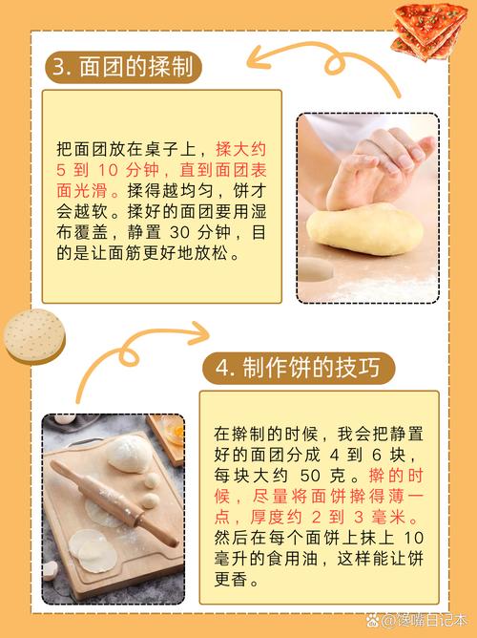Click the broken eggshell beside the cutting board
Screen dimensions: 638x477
[49, 570]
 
